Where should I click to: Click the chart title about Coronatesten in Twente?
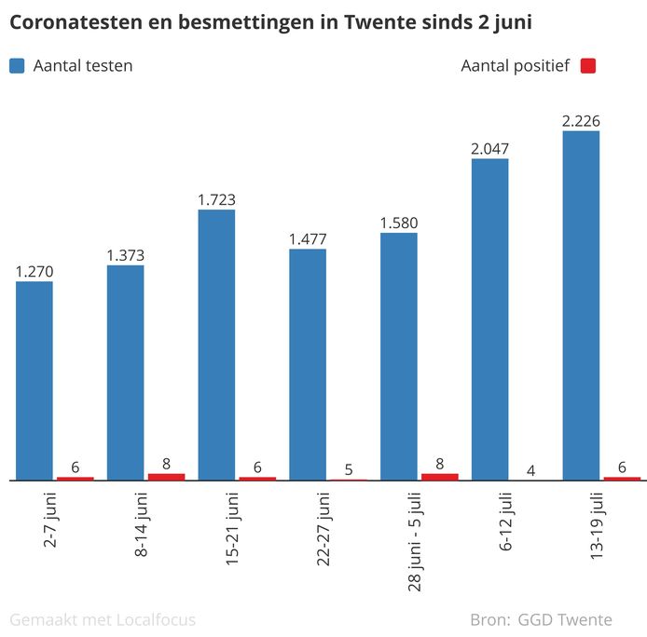click(270, 22)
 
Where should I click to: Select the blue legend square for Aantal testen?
click(17, 66)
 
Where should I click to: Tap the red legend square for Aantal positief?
click(587, 66)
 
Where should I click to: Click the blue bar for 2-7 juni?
click(34, 381)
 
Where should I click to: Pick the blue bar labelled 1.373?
click(126, 373)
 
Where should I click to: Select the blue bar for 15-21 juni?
click(216, 345)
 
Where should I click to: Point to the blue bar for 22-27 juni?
click(308, 364)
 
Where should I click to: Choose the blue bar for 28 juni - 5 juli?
click(399, 357)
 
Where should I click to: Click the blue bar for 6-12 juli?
click(490, 319)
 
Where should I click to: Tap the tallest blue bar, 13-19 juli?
click(581, 305)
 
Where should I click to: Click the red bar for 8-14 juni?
click(167, 477)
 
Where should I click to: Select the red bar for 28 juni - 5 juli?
click(440, 477)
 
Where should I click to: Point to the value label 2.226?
click(581, 120)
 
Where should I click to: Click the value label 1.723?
click(216, 199)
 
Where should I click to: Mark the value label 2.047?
click(490, 148)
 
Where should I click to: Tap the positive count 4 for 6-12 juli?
click(530, 470)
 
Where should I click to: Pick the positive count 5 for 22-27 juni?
click(349, 468)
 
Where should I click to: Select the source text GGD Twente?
click(565, 619)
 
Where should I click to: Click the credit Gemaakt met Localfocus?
click(103, 619)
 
